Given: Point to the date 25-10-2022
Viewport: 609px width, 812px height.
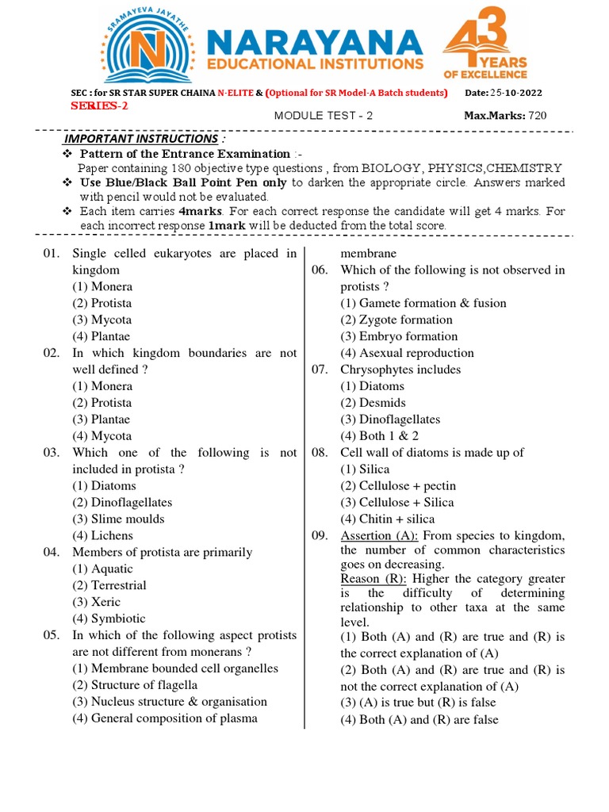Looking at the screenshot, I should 518,93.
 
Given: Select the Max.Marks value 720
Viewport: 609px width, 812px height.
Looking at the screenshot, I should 537,116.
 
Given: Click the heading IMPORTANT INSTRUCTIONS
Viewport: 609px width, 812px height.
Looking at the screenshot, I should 140,139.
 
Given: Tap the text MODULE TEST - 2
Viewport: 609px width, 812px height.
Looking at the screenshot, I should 323,116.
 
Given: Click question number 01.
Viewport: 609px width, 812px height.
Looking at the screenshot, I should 52,254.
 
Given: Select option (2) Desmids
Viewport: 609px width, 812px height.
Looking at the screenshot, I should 373,403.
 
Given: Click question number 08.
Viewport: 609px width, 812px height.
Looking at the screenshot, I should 320,453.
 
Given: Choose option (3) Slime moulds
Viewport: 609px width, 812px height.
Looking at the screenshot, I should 118,519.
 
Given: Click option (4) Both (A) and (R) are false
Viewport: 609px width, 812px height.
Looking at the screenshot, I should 419,720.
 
